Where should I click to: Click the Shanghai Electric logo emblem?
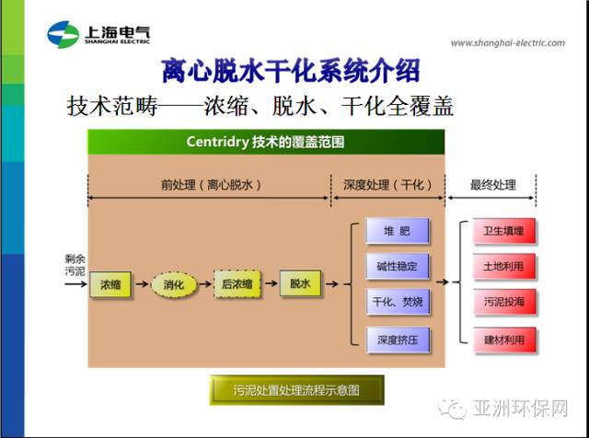(64, 35)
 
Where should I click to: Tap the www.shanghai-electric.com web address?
(508, 43)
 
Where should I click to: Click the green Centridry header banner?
(266, 142)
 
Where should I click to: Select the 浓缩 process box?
(110, 284)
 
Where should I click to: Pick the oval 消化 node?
(174, 284)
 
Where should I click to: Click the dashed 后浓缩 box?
(237, 284)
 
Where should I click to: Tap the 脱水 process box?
(301, 283)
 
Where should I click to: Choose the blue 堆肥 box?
(398, 231)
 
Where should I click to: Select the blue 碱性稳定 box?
(398, 266)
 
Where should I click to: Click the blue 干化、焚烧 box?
(398, 302)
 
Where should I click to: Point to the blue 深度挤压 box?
(398, 340)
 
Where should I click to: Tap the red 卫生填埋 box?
(503, 231)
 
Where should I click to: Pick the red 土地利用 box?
(503, 266)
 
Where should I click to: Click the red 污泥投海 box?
(504, 302)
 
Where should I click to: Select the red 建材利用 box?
(504, 340)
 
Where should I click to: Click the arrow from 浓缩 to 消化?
(142, 284)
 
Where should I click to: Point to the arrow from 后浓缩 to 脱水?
(271, 283)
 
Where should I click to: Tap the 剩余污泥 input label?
(75, 265)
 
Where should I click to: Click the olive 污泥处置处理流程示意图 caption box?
(296, 390)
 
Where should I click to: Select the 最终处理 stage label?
(493, 185)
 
